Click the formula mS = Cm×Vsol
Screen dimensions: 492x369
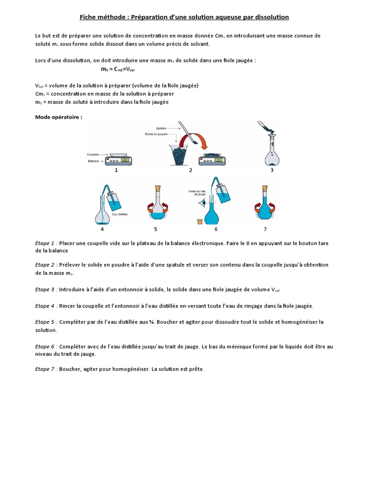point(118,69)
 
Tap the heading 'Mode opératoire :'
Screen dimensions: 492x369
point(59,117)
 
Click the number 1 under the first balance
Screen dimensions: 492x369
point(116,170)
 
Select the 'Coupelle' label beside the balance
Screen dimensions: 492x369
point(93,154)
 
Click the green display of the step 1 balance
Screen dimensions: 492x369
point(125,160)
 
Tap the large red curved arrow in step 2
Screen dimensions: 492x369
point(205,141)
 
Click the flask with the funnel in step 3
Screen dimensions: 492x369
point(272,151)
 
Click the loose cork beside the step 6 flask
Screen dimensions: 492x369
point(199,221)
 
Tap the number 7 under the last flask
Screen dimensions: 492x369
point(265,229)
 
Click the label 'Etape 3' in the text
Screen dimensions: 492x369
point(46,289)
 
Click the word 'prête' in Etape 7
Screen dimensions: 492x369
point(196,369)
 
